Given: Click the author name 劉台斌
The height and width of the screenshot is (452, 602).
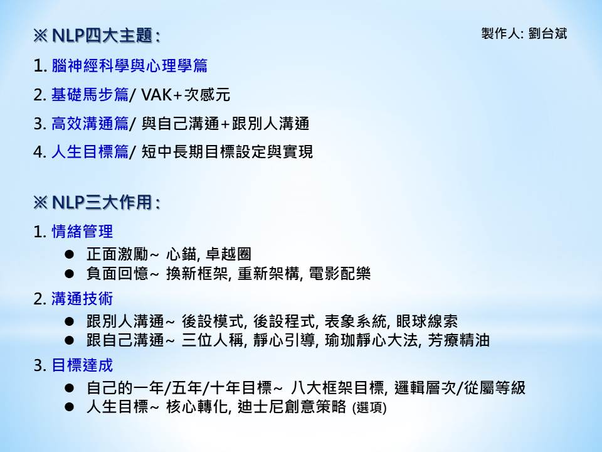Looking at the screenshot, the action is point(547,34).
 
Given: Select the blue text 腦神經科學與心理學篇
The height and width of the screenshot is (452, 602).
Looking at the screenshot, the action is point(130,66).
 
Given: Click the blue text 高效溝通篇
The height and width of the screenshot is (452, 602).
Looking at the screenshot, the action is point(90,124).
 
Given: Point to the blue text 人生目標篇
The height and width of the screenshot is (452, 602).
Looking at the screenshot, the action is point(90,152).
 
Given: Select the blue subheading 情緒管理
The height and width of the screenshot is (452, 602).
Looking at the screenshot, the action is point(82,232).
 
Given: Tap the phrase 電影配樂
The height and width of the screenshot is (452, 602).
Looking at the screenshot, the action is point(340,274).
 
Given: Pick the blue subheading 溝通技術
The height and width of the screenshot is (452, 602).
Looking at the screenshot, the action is point(82,299).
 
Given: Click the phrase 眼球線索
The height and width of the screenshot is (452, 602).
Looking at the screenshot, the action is point(427,321).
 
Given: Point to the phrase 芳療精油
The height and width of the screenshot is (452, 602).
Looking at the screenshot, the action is point(459,340).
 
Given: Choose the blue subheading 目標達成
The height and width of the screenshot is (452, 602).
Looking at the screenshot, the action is point(82,365).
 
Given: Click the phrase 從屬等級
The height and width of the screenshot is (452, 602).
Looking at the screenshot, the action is point(495,388).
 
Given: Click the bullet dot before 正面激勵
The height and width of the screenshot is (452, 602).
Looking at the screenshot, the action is point(70,254).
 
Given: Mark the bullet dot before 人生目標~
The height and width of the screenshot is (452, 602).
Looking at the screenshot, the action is point(70,407).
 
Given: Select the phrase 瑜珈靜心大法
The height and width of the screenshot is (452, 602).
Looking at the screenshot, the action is point(371,340).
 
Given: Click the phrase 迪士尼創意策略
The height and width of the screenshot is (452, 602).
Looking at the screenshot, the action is point(292,407).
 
